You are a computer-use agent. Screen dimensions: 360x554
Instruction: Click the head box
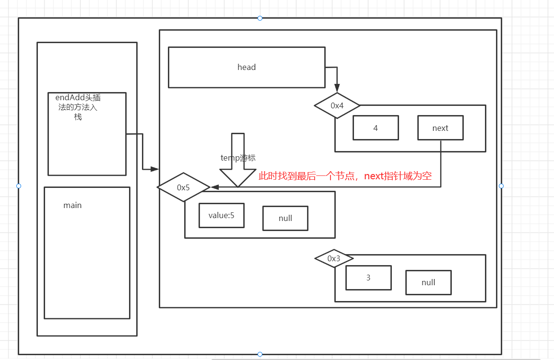pyautogui.click(x=247, y=67)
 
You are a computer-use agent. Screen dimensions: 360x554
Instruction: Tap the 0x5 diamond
pyautogui.click(x=184, y=187)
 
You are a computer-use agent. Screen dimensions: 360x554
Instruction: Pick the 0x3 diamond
pyautogui.click(x=334, y=259)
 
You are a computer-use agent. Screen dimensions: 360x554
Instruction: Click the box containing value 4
pyautogui.click(x=376, y=128)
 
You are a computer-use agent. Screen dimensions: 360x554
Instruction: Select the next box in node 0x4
pyautogui.click(x=440, y=128)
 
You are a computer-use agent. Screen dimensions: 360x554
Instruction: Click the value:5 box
pyautogui.click(x=222, y=216)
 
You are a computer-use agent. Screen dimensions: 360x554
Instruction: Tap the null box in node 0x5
pyautogui.click(x=285, y=219)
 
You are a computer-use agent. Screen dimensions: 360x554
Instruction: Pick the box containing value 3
pyautogui.click(x=368, y=278)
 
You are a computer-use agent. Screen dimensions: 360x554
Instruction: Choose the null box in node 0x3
pyautogui.click(x=428, y=282)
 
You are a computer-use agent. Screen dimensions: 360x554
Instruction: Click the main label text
pyautogui.click(x=72, y=205)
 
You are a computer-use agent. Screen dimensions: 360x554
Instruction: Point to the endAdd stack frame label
pyautogui.click(x=78, y=107)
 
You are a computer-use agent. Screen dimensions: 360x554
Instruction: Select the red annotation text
pyautogui.click(x=345, y=176)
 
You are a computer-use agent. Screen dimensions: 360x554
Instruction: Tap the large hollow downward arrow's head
pyautogui.click(x=238, y=178)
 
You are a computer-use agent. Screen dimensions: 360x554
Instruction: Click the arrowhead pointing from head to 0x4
pyautogui.click(x=337, y=88)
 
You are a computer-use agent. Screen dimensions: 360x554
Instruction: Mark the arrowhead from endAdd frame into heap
pyautogui.click(x=154, y=169)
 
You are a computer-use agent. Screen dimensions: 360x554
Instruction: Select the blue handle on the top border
pyautogui.click(x=260, y=18)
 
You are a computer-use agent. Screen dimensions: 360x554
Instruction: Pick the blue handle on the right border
pyautogui.click(x=501, y=186)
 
